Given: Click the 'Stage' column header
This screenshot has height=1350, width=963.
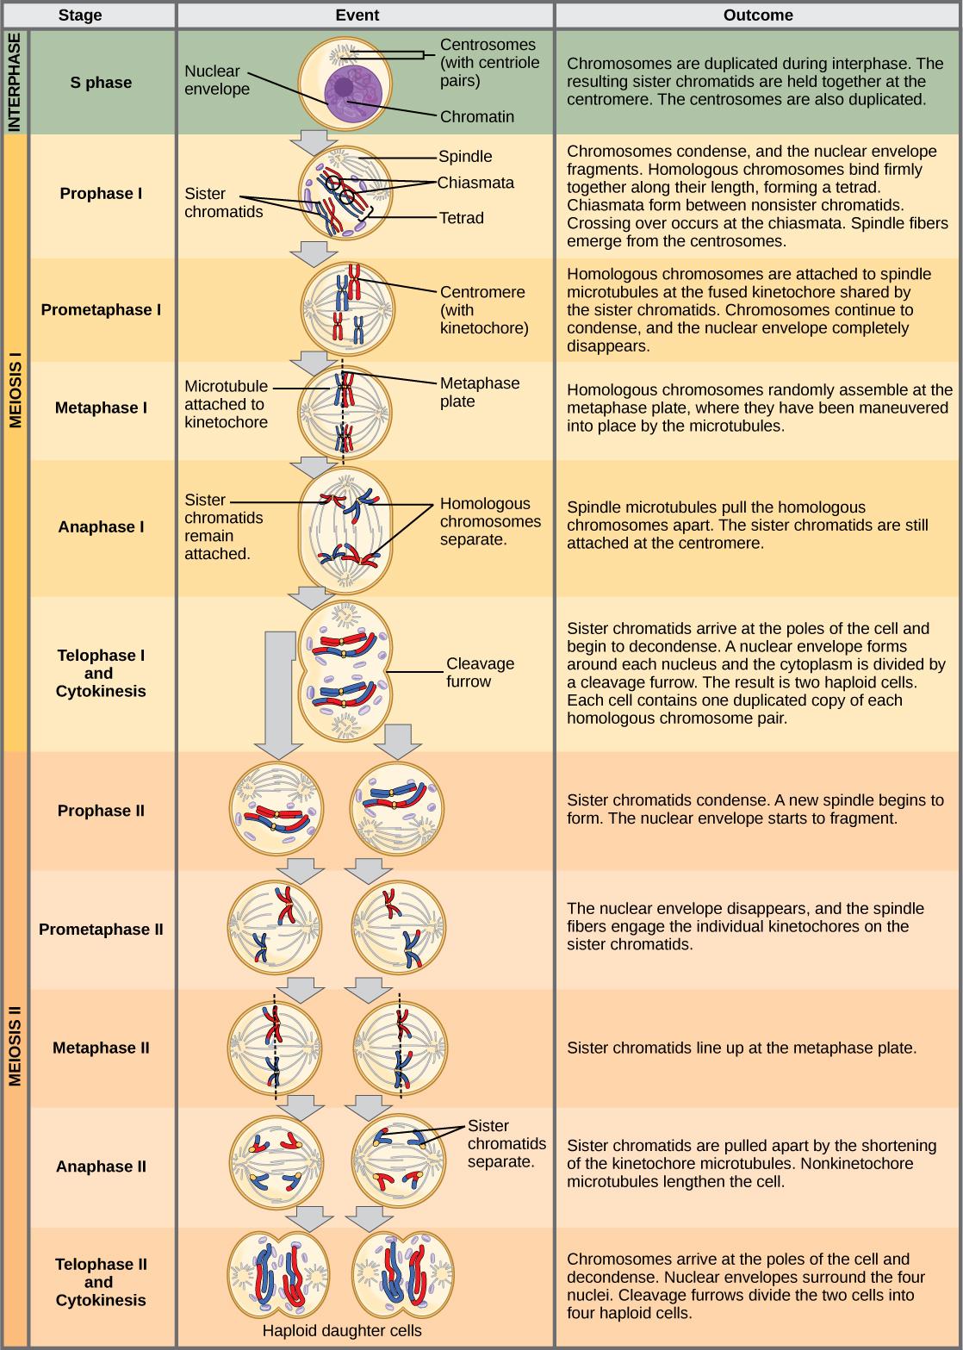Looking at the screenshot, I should pyautogui.click(x=80, y=15).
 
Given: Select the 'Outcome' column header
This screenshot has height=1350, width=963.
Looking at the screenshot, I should pyautogui.click(x=759, y=15).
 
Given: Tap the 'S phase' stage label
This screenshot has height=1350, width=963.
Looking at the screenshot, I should pyautogui.click(x=101, y=83).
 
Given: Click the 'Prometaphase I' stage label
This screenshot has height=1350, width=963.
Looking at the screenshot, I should pyautogui.click(x=101, y=309).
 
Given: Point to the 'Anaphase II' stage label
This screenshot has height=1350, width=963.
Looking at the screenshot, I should pyautogui.click(x=101, y=1166).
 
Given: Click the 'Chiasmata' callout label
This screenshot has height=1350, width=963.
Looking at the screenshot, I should pyautogui.click(x=475, y=183).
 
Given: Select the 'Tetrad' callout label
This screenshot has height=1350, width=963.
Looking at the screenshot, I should pyautogui.click(x=462, y=218).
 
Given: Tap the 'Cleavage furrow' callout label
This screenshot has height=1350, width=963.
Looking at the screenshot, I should pyautogui.click(x=480, y=673).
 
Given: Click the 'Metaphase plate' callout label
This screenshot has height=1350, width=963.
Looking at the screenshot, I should pyautogui.click(x=479, y=392).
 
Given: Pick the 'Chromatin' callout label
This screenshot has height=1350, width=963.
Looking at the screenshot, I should pyautogui.click(x=476, y=116).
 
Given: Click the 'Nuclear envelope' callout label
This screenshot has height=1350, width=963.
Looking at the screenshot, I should pyautogui.click(x=217, y=80).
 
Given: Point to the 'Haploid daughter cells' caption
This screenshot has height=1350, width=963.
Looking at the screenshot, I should pyautogui.click(x=342, y=1331).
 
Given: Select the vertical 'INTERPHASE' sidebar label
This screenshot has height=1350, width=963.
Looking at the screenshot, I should pyautogui.click(x=15, y=83).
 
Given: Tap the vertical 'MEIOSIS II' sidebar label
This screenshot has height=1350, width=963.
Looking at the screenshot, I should pyautogui.click(x=15, y=1046).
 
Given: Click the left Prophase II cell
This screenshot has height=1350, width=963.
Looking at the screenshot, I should pyautogui.click(x=276, y=810).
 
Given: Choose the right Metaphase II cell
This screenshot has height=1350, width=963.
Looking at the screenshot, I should pyautogui.click(x=399, y=1047).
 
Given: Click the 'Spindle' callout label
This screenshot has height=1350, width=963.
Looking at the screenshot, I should pyautogui.click(x=465, y=156).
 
